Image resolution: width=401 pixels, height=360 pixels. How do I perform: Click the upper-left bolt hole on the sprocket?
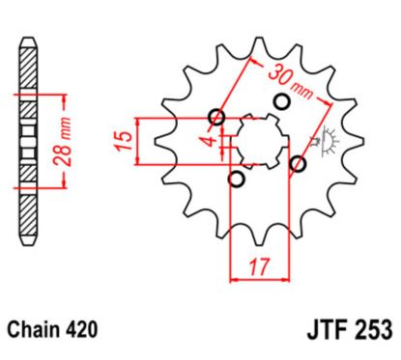[x=216, y=119]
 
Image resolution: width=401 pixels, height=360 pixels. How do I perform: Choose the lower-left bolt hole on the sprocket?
[x=236, y=180]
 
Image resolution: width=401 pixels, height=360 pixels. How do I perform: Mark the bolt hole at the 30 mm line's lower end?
[x=300, y=161]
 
